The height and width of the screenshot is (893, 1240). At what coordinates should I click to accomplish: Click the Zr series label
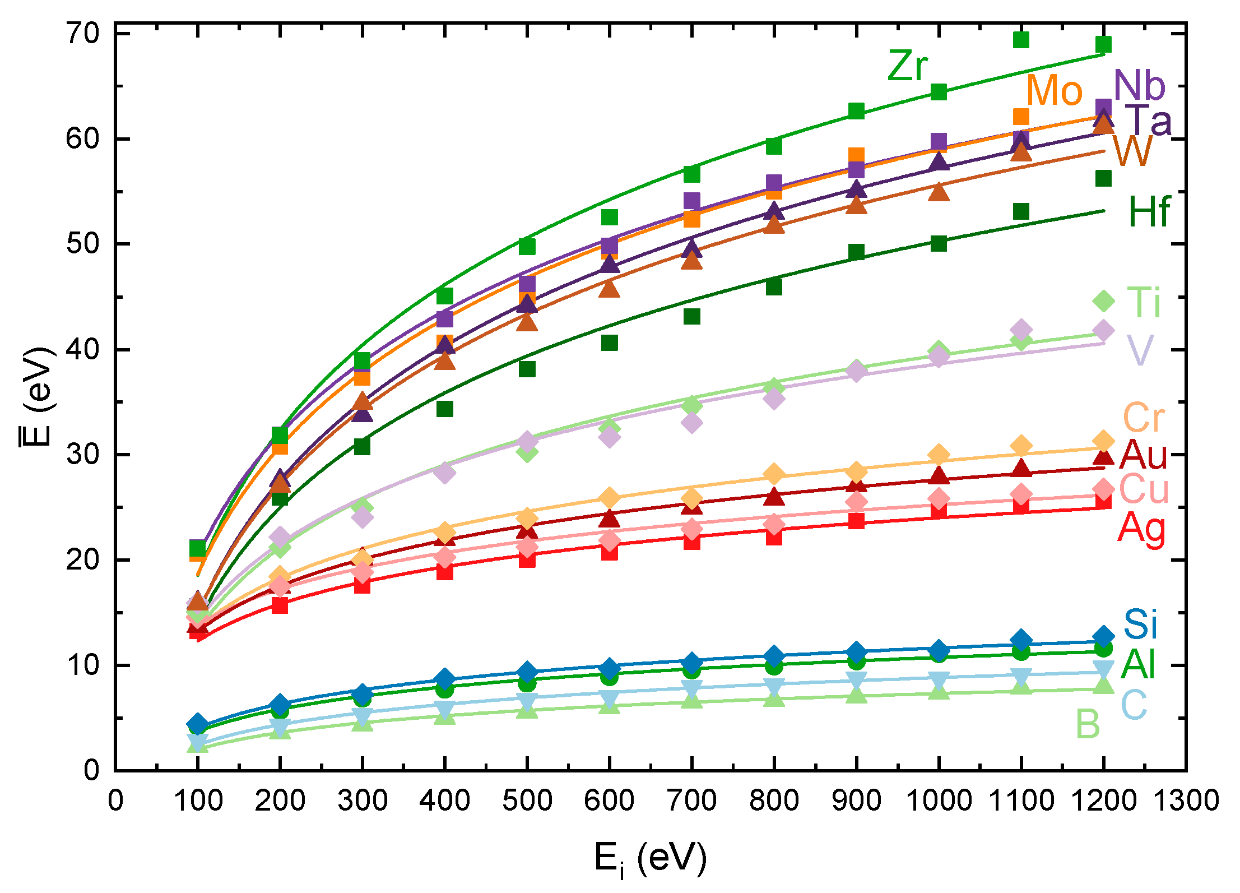point(907,67)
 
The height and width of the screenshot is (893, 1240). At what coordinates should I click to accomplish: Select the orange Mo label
point(1054,91)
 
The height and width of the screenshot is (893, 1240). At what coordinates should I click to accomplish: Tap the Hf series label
point(1149,212)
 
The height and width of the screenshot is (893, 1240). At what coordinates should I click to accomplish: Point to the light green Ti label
point(1143,302)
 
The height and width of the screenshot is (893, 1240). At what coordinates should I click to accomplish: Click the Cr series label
point(1143,418)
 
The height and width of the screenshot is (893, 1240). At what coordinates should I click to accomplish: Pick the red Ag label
point(1141,529)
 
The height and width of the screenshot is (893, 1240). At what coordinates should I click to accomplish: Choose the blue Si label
point(1140,624)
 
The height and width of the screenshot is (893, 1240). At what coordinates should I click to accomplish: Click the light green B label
point(1088,724)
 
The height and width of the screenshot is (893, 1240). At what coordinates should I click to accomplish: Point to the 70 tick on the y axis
point(82,34)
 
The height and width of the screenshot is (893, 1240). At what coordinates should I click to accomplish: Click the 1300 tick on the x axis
point(1186,801)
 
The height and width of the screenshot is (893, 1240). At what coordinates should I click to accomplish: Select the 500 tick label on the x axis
point(527,801)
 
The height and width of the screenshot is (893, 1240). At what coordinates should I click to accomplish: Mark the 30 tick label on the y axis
point(82,455)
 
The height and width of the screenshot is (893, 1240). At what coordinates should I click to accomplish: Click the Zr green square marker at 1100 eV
point(1021,40)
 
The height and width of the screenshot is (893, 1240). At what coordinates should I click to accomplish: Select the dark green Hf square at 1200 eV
point(1103,179)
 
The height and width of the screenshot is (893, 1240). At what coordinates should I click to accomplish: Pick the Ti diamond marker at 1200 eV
point(1103,301)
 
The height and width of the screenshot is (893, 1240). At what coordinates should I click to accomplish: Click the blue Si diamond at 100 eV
point(197,724)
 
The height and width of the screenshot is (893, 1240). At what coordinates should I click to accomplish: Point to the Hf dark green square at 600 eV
point(610,343)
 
